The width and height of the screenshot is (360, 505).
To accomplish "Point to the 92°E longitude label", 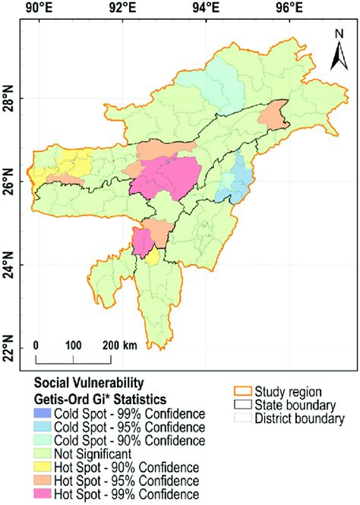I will (x=122, y=9).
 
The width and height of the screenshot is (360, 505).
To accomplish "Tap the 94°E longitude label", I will (x=205, y=9).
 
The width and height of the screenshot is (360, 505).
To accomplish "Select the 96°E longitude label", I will (x=289, y=9).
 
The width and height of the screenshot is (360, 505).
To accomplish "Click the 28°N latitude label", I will (x=9, y=99).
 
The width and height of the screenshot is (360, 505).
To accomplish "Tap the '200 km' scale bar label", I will (x=120, y=346).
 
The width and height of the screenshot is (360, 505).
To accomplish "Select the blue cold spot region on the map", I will (x=240, y=178).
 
